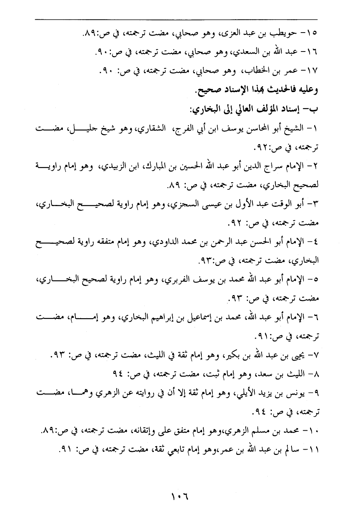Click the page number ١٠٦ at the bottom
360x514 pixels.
[180, 495]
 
